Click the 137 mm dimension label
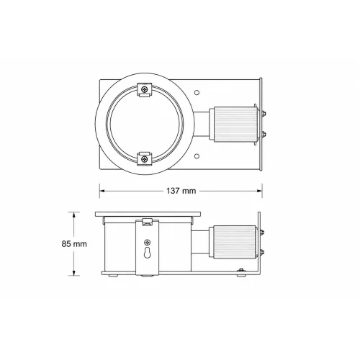click(x=181, y=191)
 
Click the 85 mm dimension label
click(x=74, y=244)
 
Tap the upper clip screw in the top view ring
click(x=144, y=89)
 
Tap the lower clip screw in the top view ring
click(x=144, y=158)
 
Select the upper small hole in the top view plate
click(x=197, y=93)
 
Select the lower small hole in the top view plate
click(x=197, y=156)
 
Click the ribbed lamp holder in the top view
click(x=234, y=125)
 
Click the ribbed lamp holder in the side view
click(x=233, y=242)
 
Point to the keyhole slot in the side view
click(x=148, y=252)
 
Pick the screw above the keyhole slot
click(x=148, y=242)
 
